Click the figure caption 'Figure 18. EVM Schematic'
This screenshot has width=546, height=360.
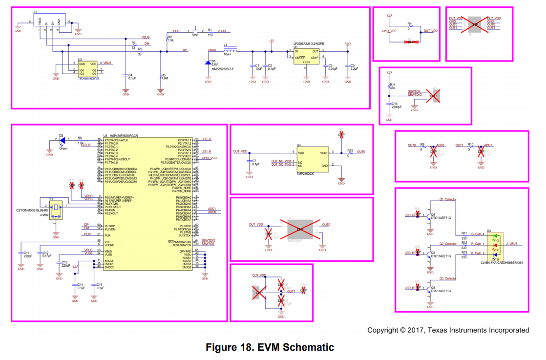point(270,347)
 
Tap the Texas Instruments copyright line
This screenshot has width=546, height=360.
point(448,330)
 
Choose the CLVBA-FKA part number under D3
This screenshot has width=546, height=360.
point(501,263)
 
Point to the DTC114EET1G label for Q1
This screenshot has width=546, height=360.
point(441,218)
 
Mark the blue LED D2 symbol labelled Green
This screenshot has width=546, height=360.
point(62,141)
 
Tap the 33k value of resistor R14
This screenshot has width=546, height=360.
point(392,88)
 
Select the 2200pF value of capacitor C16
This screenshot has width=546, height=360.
point(396,107)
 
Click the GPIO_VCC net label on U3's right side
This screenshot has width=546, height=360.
point(209,158)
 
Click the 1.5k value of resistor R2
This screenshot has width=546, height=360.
point(171,40)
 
